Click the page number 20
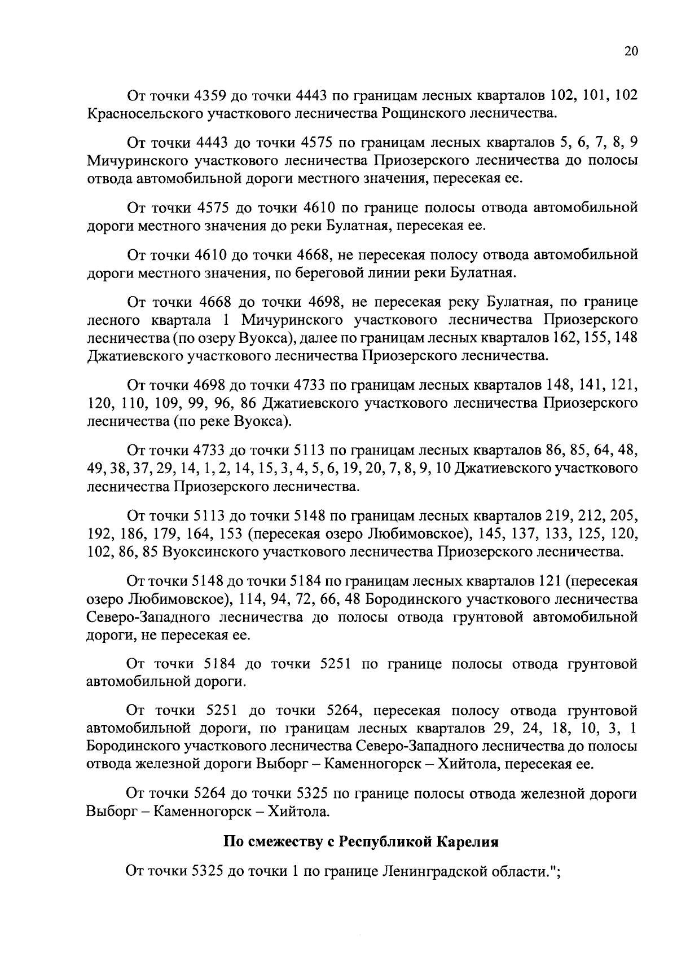(x=631, y=51)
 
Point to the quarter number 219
(x=559, y=515)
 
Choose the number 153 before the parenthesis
(x=230, y=534)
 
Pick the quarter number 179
(x=162, y=534)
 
